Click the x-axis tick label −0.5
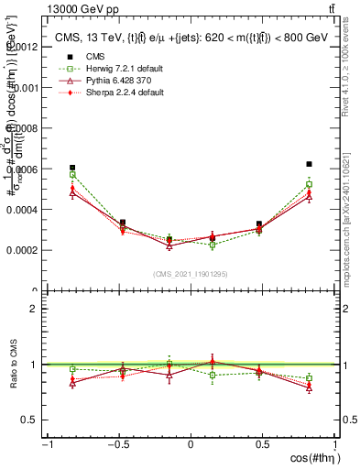(x=117, y=444)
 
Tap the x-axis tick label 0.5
(x=264, y=444)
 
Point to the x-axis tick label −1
(x=46, y=444)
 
